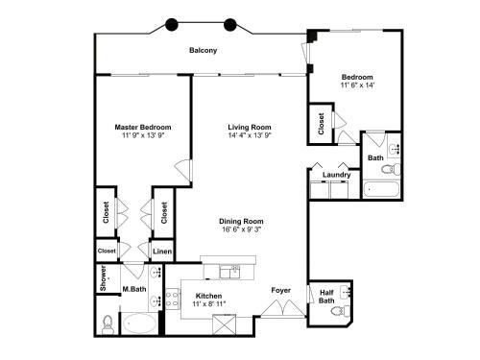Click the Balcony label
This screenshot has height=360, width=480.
tap(202, 50)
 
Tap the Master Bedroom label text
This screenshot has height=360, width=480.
tap(143, 127)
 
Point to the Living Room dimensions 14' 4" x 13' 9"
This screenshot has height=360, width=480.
tap(250, 136)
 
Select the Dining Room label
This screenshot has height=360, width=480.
tap(242, 221)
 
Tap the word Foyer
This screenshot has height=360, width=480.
tap(280, 289)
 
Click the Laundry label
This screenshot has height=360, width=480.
tap(336, 175)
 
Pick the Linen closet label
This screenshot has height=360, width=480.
tap(162, 252)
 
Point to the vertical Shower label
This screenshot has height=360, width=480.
tap(104, 276)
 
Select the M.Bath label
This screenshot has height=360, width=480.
tap(133, 289)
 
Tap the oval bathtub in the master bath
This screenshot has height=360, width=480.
tap(140, 324)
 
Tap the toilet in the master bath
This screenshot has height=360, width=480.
tap(108, 324)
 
